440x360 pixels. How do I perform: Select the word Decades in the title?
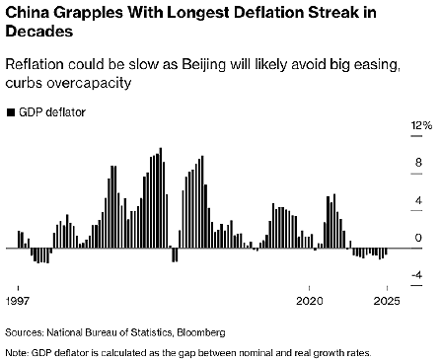pos(38,33)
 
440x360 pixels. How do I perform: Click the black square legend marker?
pos(10,112)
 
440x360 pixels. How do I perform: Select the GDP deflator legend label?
pos(52,112)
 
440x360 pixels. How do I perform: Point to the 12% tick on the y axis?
pos(421,126)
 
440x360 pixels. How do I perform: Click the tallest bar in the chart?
pos(161,197)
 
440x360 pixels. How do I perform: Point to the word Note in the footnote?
pos(16,351)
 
